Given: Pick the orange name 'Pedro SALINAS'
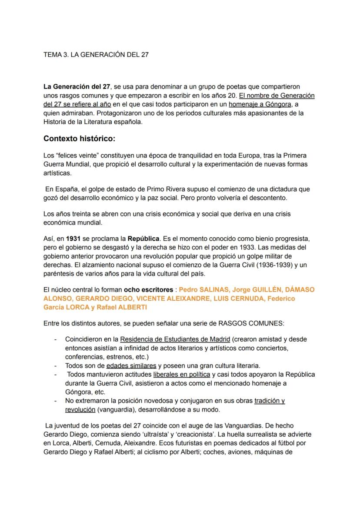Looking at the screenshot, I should (x=202, y=289).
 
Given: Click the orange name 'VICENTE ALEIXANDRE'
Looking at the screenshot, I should (x=167, y=298).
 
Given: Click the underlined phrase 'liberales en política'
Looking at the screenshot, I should (x=181, y=374).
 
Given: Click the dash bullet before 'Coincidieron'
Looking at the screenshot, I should (x=55, y=339).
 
